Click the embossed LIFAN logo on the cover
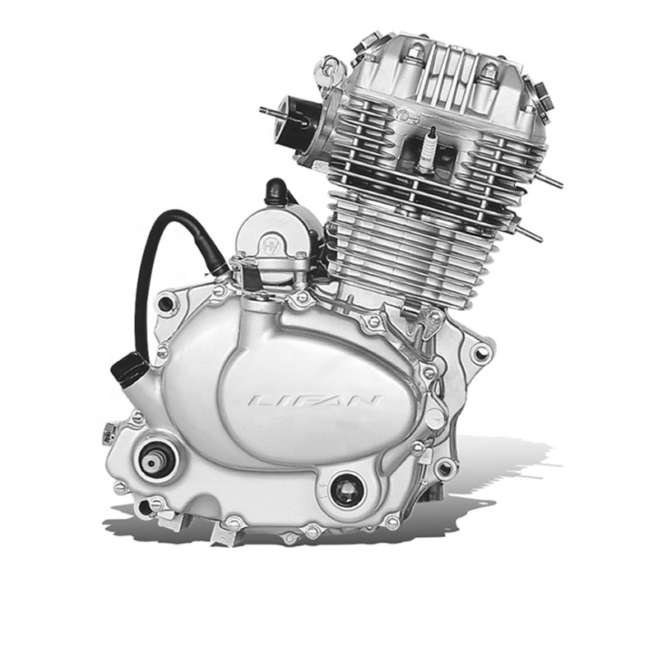[x=315, y=401]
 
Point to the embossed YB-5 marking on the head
[x=406, y=115]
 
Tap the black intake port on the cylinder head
[x=294, y=122]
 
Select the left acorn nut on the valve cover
[x=415, y=53]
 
